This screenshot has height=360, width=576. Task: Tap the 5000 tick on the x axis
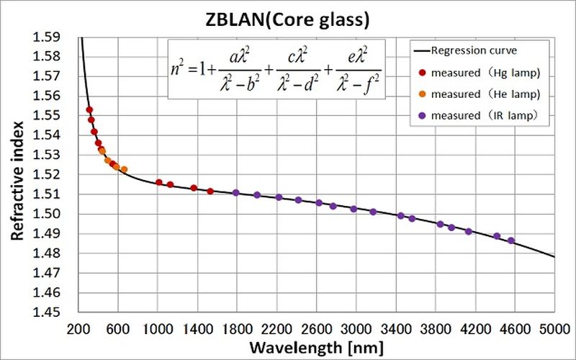[554, 328]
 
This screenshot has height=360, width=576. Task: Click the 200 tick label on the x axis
[78, 328]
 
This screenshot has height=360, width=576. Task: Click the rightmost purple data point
[511, 240]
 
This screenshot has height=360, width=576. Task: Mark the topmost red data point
[89, 110]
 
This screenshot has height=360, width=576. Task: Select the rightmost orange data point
[124, 169]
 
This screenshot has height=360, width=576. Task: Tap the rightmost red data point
[210, 191]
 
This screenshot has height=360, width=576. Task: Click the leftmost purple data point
[236, 193]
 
